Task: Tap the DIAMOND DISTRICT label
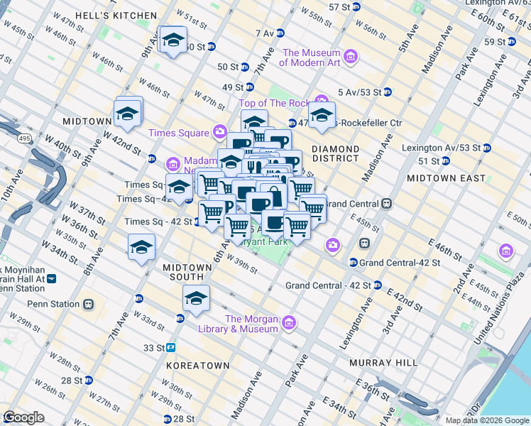click(335, 154)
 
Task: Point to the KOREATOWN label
click(197, 365)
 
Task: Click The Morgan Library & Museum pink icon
click(288, 324)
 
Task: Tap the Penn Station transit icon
click(88, 305)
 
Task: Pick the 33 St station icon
click(172, 348)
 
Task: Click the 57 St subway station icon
click(360, 7)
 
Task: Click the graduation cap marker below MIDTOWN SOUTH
click(196, 299)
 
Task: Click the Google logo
click(24, 417)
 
